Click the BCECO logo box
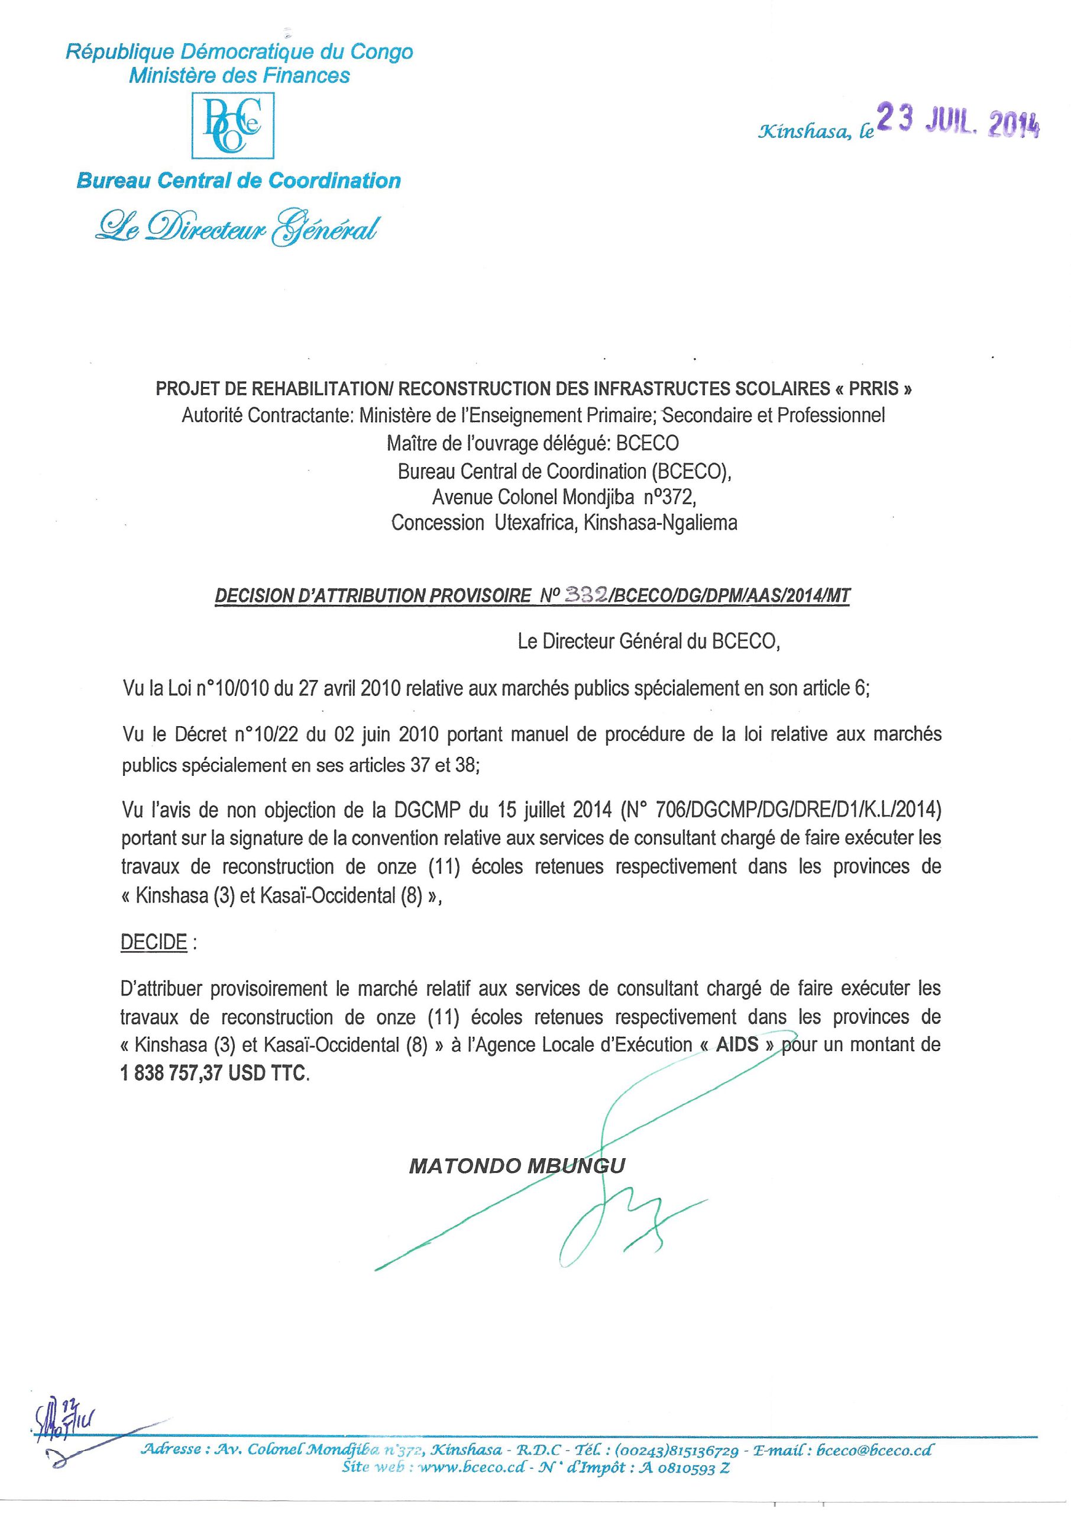[233, 125]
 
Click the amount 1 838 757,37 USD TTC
[213, 1074]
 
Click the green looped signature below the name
[613, 1221]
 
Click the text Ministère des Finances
[239, 76]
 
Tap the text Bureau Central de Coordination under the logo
[238, 181]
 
